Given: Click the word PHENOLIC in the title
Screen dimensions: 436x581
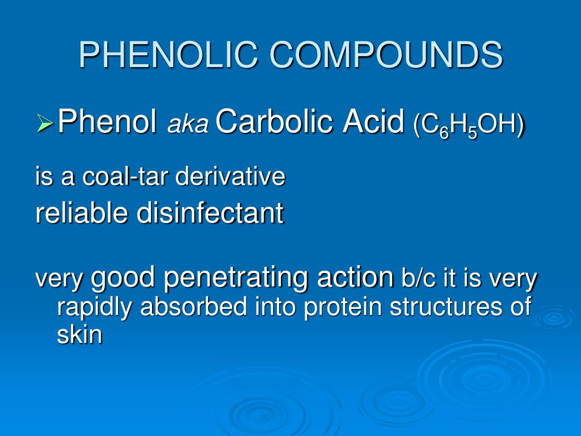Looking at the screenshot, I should pyautogui.click(x=169, y=55).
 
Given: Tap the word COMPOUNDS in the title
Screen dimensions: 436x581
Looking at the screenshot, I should pyautogui.click(x=386, y=55).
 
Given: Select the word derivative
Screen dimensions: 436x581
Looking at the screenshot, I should pyautogui.click(x=230, y=177).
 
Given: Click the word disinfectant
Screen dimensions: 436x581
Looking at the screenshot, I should pyautogui.click(x=209, y=213).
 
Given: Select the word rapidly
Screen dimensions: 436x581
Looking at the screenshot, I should pyautogui.click(x=96, y=307).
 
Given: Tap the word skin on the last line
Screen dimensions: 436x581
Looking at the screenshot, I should pyautogui.click(x=79, y=335).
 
